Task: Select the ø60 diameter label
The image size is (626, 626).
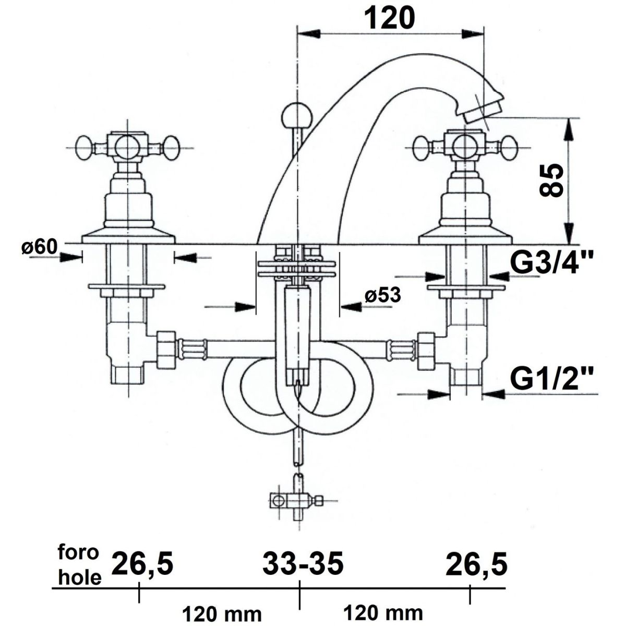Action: point(39,248)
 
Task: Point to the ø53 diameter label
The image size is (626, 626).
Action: point(383,295)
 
